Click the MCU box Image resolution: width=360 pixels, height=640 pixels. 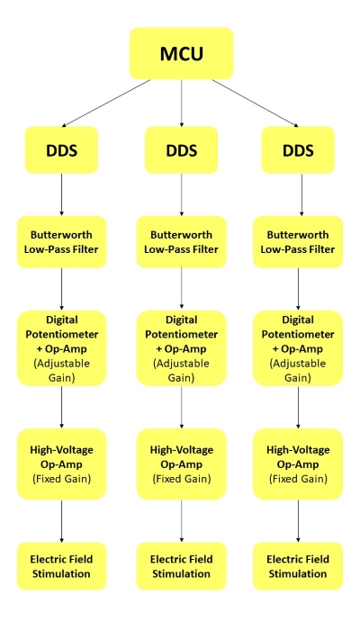coord(181,53)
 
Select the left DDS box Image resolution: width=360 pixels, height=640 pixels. coord(61,149)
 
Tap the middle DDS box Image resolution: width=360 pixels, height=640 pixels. coord(181,149)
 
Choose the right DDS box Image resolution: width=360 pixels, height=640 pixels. coord(298,149)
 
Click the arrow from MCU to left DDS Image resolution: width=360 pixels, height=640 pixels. coord(106,103)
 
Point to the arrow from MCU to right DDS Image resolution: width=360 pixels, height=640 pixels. coord(256,103)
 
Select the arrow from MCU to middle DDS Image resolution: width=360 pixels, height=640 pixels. coord(181,103)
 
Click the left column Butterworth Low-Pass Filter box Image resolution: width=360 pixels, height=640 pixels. coord(61,242)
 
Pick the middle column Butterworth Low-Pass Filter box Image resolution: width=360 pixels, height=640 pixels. coord(181,242)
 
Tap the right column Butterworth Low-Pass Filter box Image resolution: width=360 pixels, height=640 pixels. coord(298,242)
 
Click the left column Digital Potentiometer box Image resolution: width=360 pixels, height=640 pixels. coord(61,348)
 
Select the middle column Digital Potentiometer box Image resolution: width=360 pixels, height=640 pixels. coord(181,348)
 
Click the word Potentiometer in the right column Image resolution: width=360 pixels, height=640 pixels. coord(298,334)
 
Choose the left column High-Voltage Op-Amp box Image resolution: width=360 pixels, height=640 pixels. coord(61,464)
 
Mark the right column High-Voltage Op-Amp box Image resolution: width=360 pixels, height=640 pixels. coord(298,464)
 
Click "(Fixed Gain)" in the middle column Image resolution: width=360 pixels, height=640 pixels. coord(182,479)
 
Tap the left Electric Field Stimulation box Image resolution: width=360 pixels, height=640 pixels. coord(61,566)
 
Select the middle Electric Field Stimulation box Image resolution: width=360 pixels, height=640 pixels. coord(181,566)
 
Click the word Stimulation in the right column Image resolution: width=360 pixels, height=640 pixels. coord(298,573)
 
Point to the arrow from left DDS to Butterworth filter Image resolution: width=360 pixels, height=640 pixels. coord(61,194)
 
